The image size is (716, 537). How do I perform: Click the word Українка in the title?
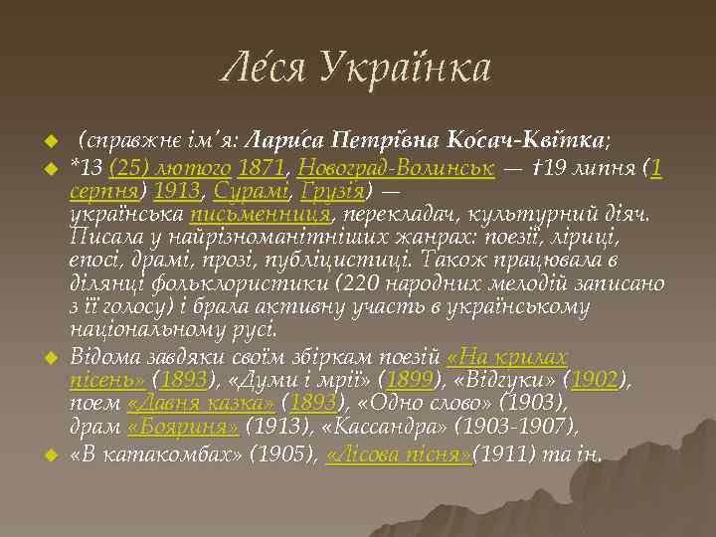click(408, 69)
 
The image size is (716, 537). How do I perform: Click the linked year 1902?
click(602, 379)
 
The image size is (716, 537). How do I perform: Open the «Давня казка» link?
click(201, 404)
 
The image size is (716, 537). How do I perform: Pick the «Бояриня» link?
click(183, 428)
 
